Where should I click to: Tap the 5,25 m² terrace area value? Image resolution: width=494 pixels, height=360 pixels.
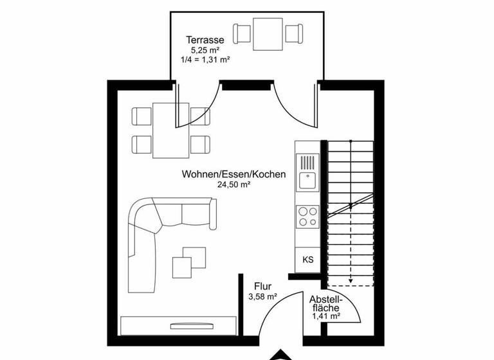tap(206, 49)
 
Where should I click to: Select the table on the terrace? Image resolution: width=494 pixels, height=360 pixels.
tap(268, 33)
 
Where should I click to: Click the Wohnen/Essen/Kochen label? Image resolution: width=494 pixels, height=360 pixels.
tap(233, 174)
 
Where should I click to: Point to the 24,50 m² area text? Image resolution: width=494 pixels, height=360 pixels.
tap(233, 184)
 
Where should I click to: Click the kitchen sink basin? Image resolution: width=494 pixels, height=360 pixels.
tap(308, 181)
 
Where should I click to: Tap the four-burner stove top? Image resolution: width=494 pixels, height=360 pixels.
tap(307, 215)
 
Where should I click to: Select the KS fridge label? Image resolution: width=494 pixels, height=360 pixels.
tap(308, 260)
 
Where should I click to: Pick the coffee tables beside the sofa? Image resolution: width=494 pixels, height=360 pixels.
tap(189, 260)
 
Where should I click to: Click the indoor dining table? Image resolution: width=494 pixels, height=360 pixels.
tap(170, 130)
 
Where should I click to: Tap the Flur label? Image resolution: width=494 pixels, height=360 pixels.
tap(262, 287)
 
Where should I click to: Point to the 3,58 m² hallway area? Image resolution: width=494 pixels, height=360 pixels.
tap(262, 297)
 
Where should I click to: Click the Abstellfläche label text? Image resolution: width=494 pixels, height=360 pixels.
tap(326, 303)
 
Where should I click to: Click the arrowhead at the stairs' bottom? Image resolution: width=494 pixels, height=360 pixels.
tap(350, 281)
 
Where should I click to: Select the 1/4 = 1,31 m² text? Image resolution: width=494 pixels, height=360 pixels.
tap(206, 59)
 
